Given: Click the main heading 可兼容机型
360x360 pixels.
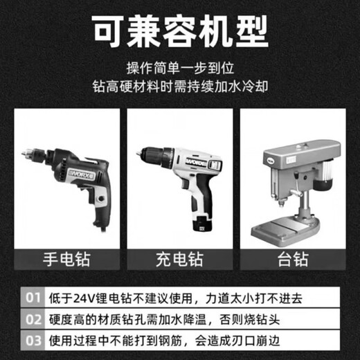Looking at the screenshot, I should point(180,31).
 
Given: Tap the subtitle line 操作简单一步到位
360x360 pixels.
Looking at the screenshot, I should point(180,69).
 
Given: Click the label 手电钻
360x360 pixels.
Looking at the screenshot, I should point(66,260).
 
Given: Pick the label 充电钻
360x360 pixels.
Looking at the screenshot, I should point(180,260).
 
